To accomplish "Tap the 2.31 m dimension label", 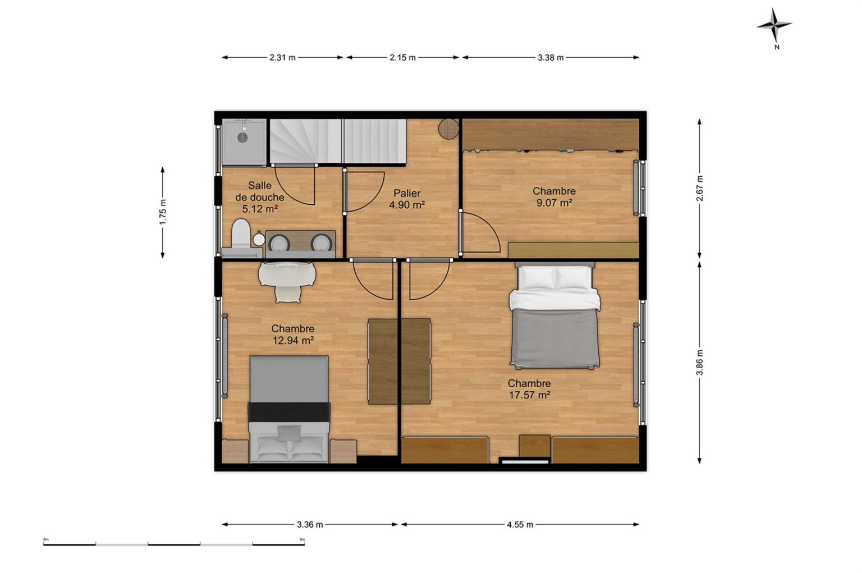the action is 282,58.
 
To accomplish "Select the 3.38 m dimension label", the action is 551,58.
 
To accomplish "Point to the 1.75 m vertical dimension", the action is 163,212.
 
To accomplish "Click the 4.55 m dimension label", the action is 520,525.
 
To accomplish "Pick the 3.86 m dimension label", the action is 700,363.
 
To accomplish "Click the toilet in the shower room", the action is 241,235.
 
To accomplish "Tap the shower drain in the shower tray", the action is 242,136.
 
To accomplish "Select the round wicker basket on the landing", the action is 448,129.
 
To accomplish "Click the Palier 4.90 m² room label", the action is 407,199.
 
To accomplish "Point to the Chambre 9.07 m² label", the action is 554,196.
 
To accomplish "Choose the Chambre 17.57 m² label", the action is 529,389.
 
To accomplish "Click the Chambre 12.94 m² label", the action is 293,334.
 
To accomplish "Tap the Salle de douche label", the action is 260,191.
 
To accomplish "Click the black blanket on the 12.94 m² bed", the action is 289,412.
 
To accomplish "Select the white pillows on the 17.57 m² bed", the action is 554,278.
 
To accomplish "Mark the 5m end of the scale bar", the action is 304,544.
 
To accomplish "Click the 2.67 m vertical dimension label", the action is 700,188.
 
